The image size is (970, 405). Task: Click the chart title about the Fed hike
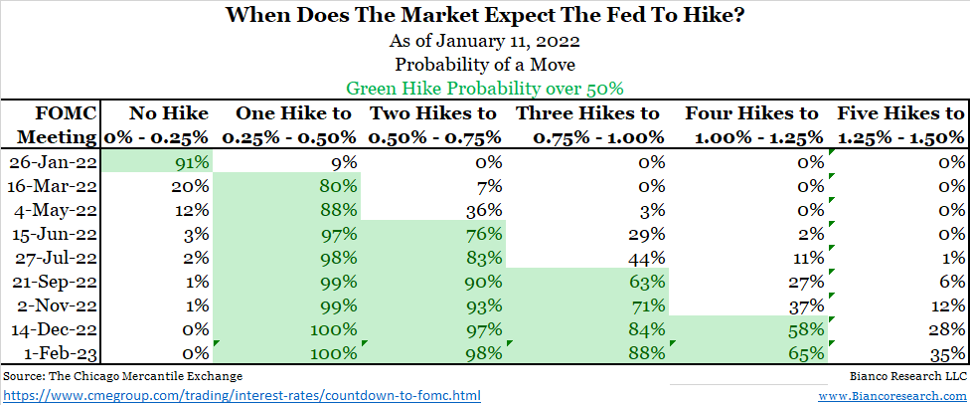[484, 17]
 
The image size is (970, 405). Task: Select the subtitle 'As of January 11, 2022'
[484, 42]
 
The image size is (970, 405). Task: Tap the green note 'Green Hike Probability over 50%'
[484, 87]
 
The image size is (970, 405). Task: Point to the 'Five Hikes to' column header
[900, 113]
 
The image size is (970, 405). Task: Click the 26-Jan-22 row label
[52, 162]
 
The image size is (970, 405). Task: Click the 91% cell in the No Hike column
[189, 162]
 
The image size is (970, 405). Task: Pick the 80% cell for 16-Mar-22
[338, 186]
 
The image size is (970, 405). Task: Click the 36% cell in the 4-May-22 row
[487, 209]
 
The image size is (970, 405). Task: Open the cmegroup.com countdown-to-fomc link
[242, 395]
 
